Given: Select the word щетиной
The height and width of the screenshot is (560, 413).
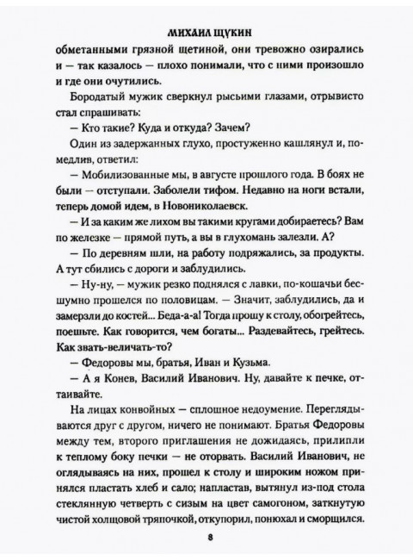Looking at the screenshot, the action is click(x=204, y=45).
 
